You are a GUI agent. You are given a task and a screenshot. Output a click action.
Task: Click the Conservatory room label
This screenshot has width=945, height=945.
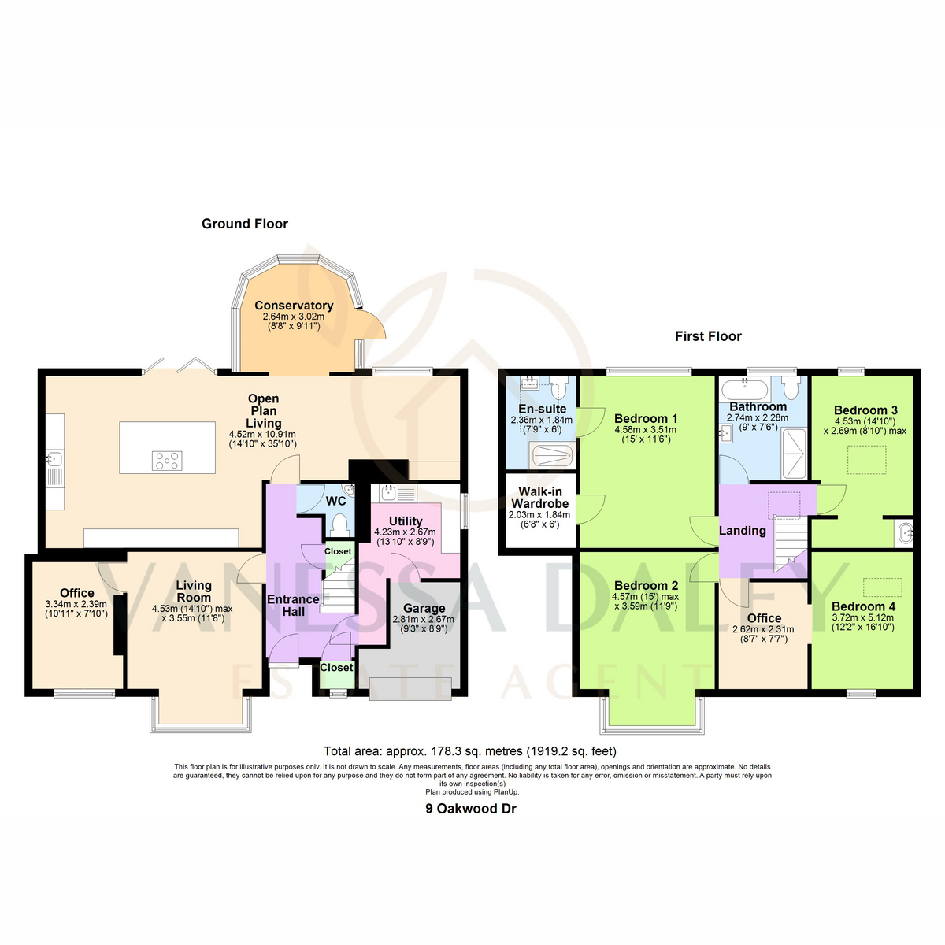tap(294, 305)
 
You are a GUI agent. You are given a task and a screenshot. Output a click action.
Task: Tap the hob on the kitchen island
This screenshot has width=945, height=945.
tap(167, 461)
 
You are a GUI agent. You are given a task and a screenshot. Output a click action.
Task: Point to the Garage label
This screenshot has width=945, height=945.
tap(424, 608)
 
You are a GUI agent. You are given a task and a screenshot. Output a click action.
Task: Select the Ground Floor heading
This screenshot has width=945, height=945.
tap(245, 224)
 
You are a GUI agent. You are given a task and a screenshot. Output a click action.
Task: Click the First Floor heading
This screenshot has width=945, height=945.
tap(708, 336)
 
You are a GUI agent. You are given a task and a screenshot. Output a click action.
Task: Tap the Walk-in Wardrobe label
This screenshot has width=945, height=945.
tap(539, 497)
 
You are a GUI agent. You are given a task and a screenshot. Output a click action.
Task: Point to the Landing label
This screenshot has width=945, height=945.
tap(742, 530)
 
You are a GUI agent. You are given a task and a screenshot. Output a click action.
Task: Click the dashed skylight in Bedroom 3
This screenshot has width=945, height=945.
tap(866, 459)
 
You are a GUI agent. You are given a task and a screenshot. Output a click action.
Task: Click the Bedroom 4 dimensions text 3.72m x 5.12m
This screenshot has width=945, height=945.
tap(862, 617)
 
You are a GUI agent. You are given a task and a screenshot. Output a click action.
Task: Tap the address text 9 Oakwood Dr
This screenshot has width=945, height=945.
tap(471, 810)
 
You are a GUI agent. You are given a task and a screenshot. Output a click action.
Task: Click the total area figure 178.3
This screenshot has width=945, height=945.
tap(445, 751)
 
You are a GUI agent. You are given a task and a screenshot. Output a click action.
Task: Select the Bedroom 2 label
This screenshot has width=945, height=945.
tap(646, 586)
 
